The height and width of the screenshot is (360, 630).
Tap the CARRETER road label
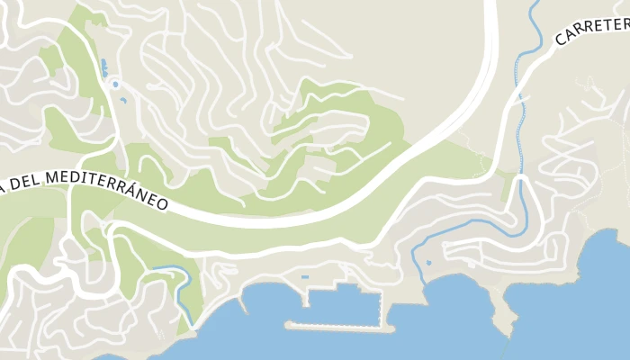tap(589, 24)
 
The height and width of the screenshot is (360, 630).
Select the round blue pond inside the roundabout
tap(115, 85)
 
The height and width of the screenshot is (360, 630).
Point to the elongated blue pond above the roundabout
tap(105, 67)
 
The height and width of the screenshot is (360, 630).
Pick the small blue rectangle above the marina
tap(304, 277)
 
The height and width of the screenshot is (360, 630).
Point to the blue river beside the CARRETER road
tap(518, 90)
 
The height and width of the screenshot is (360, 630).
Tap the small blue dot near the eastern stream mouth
tap(428, 264)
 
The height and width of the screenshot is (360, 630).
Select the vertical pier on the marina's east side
tap(389, 310)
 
